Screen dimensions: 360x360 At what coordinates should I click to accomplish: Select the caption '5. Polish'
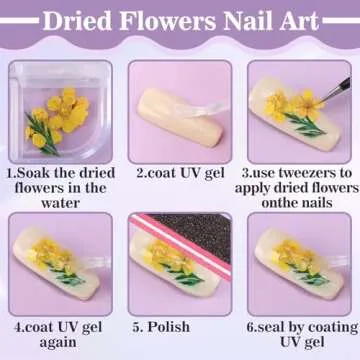(166, 325)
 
